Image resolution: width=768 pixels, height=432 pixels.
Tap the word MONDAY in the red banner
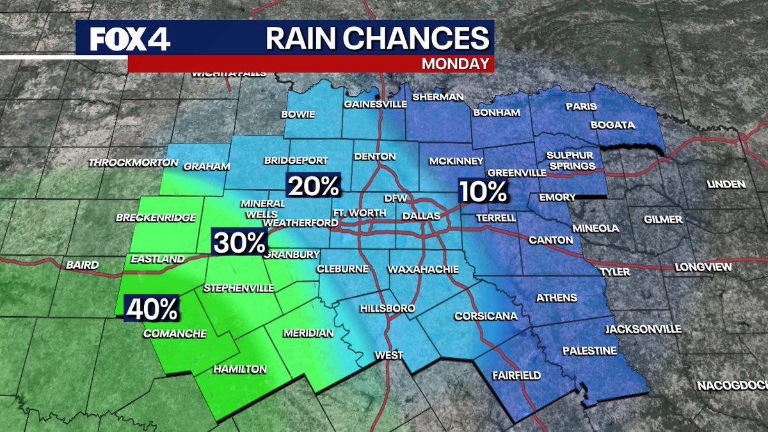[x=456, y=63]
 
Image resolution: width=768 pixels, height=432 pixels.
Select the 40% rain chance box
[x=152, y=310]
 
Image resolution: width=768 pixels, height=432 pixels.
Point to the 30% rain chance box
[x=239, y=243]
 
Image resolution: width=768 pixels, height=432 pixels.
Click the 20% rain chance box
[x=314, y=186]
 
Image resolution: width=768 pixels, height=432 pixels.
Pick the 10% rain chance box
[x=483, y=191]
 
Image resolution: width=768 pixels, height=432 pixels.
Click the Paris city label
[x=581, y=106]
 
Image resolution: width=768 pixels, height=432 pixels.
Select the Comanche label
[x=175, y=333]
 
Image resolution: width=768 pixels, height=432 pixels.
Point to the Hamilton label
[x=239, y=369]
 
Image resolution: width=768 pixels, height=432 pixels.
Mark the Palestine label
[x=589, y=351]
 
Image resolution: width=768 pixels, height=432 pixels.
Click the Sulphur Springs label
[x=570, y=161]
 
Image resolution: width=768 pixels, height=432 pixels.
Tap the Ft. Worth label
[x=359, y=212]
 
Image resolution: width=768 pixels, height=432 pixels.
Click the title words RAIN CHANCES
[x=377, y=38]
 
